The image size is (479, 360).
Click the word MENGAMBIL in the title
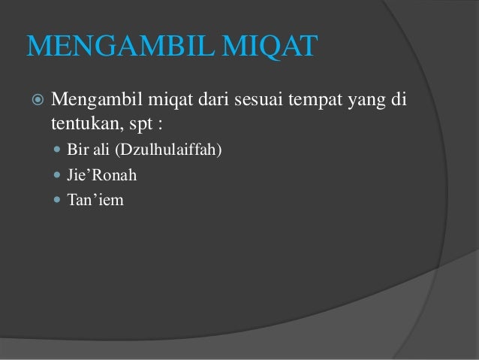113,46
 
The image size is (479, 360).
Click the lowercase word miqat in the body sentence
167,101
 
